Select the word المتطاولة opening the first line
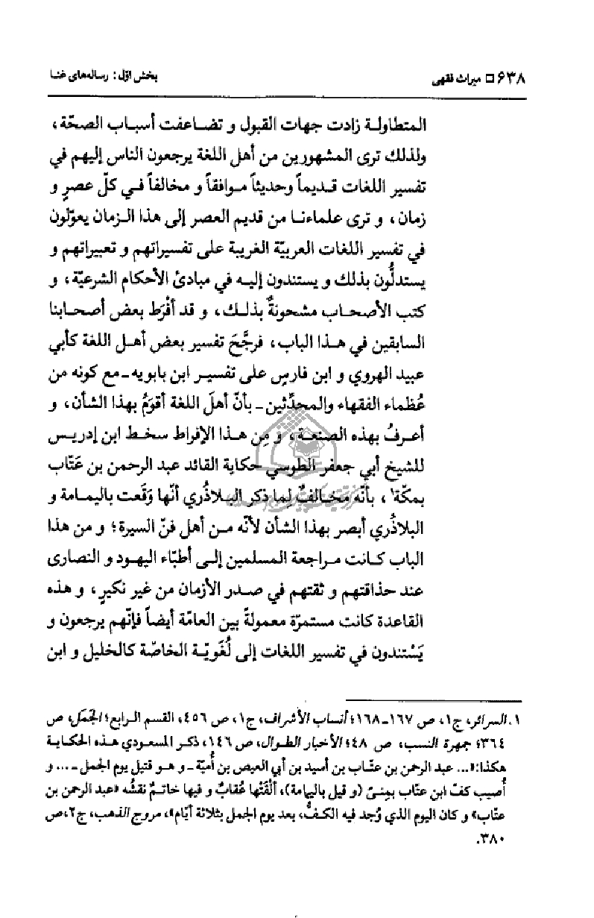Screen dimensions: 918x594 point(488,122)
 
